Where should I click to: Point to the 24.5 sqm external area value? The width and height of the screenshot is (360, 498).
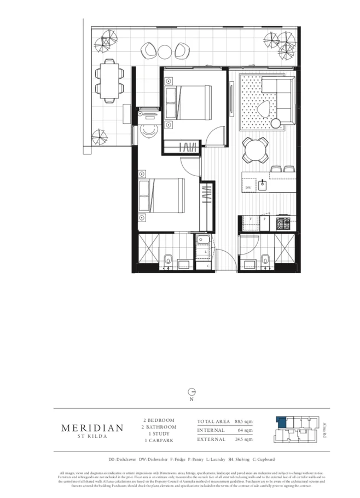[x=244, y=439]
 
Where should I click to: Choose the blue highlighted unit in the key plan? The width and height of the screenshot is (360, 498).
[x=281, y=421]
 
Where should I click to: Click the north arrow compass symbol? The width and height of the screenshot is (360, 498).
[x=191, y=392]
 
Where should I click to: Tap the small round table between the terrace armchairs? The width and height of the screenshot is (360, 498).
[x=165, y=51]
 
